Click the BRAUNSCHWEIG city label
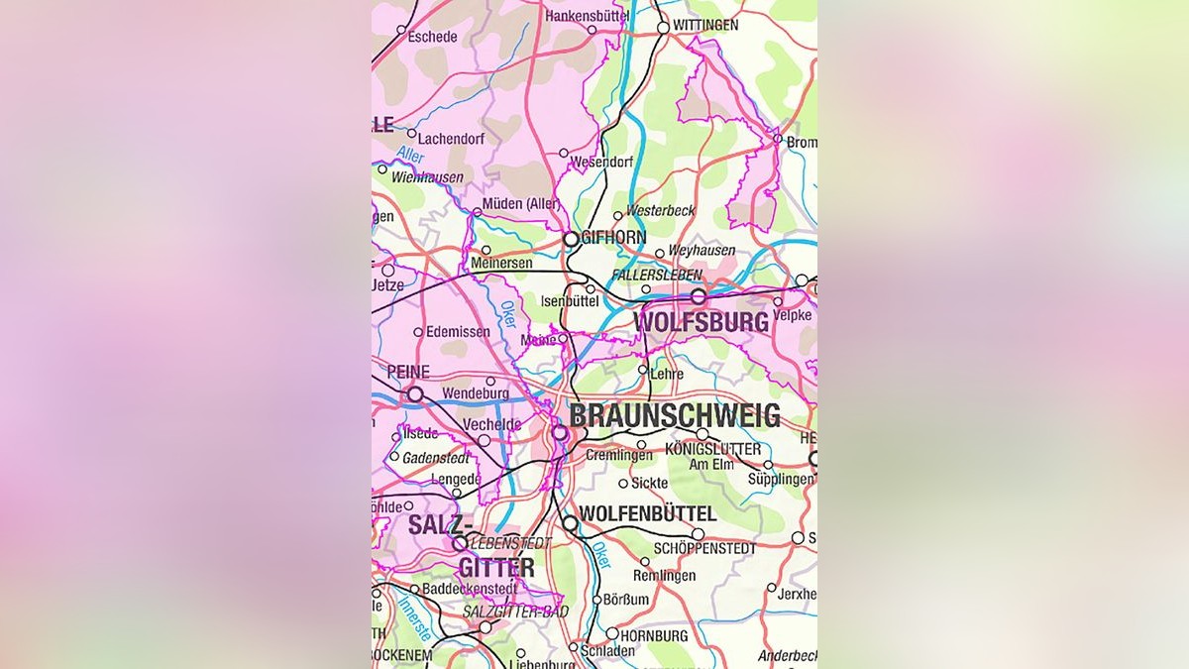(x=675, y=415)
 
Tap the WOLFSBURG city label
(x=701, y=322)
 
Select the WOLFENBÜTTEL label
(x=647, y=513)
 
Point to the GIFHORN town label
(x=614, y=238)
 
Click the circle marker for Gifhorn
(x=571, y=239)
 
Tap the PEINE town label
(x=400, y=372)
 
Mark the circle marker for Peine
(x=415, y=394)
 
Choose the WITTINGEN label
(x=705, y=25)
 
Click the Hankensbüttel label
(x=588, y=16)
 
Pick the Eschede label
(x=433, y=37)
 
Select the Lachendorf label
(x=451, y=140)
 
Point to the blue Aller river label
(x=409, y=156)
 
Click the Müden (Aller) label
(x=521, y=204)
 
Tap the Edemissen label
(x=459, y=333)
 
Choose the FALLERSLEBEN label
(x=657, y=275)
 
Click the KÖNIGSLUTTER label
(x=713, y=450)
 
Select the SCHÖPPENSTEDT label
(x=704, y=548)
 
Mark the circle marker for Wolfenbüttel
(x=570, y=522)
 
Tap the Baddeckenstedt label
(x=469, y=589)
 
